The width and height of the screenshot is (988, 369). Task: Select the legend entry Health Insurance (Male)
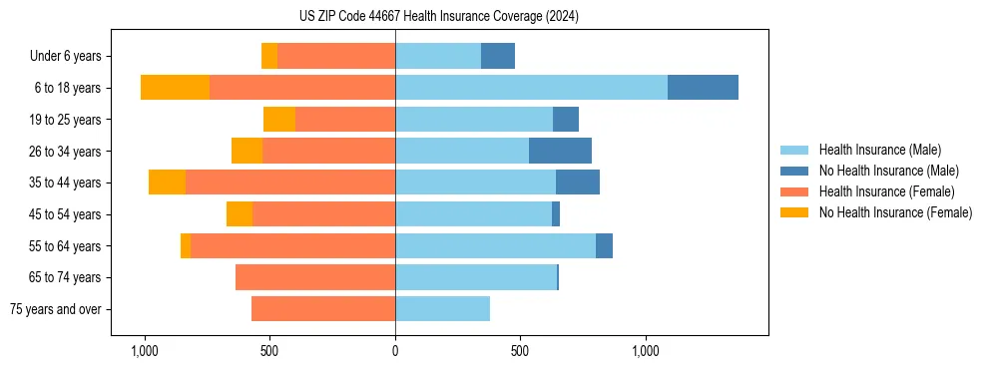tap(879, 150)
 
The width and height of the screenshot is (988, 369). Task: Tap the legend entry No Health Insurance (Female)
tap(895, 212)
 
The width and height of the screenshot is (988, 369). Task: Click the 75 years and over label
tap(56, 309)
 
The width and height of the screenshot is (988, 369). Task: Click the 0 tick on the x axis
tap(395, 351)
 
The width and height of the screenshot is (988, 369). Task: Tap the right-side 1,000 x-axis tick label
tap(645, 351)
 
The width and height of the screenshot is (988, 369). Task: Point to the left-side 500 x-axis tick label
tap(269, 351)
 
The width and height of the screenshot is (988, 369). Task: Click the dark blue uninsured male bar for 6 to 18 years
tap(703, 88)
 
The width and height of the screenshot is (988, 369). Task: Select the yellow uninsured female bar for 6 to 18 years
tap(175, 88)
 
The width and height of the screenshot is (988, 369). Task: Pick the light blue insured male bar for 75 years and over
tap(442, 309)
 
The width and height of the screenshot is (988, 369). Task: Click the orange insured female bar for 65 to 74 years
tap(315, 277)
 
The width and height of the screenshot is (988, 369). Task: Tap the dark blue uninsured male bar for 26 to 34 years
tap(560, 151)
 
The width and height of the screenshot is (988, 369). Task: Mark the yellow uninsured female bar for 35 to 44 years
tap(167, 183)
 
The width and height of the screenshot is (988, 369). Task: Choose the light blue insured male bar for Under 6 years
tap(438, 56)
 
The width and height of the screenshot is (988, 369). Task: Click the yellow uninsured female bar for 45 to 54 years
tap(240, 214)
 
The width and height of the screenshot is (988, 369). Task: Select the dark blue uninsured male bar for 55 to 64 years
tap(604, 245)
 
